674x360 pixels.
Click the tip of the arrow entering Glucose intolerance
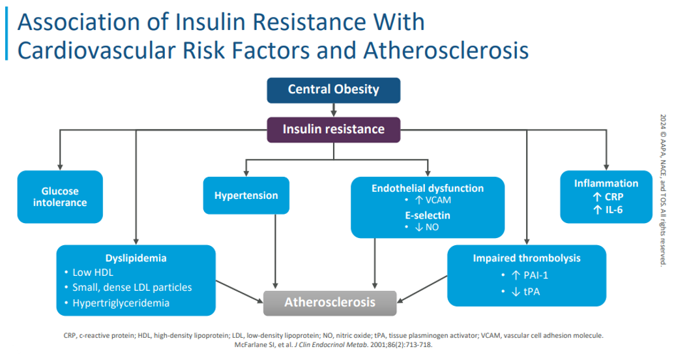click(x=60, y=170)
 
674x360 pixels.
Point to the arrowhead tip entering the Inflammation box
click(x=606, y=170)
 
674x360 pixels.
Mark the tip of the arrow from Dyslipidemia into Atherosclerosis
click(x=263, y=302)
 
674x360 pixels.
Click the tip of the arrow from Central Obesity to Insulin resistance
click(x=334, y=117)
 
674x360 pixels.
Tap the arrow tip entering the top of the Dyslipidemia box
click(x=136, y=245)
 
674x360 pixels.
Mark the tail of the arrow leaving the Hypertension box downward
click(x=276, y=214)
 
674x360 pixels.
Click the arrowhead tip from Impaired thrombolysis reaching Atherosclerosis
click(x=397, y=302)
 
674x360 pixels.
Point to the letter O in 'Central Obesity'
click(x=329, y=89)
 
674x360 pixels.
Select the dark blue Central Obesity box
click(x=334, y=90)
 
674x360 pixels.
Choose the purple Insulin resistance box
click(x=334, y=130)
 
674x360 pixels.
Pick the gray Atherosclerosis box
click(x=330, y=303)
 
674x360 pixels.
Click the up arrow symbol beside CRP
click(x=596, y=197)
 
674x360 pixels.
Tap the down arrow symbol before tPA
click(x=516, y=292)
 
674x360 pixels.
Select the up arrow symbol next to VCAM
click(x=419, y=200)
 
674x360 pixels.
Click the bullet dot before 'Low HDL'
click(x=66, y=272)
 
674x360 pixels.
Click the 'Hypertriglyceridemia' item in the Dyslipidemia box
click(x=121, y=303)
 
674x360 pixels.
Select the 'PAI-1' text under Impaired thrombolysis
click(x=536, y=275)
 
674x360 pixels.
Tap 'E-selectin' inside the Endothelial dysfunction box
click(x=428, y=215)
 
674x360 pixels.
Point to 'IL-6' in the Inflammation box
click(x=614, y=210)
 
